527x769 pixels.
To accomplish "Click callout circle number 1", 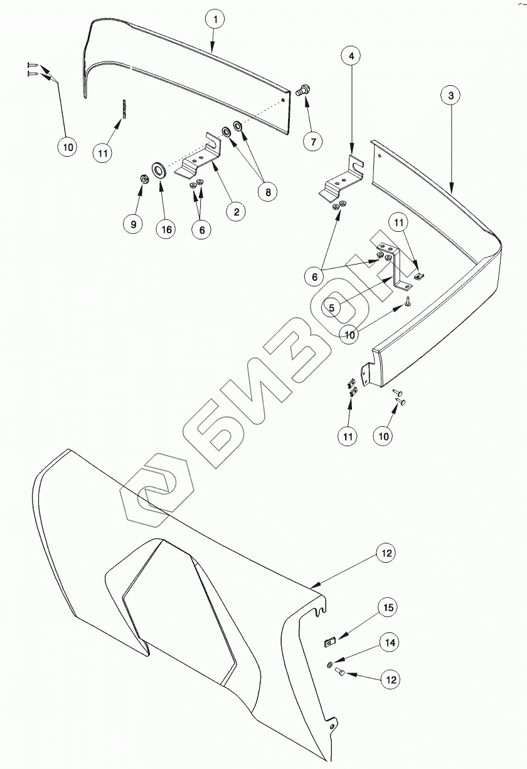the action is click(x=215, y=19).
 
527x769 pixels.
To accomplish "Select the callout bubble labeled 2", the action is click(x=236, y=211).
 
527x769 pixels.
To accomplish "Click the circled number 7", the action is click(x=312, y=140).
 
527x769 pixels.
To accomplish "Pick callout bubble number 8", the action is click(x=268, y=192).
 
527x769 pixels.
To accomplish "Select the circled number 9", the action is click(x=132, y=224).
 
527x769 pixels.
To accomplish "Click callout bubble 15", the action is click(x=388, y=607).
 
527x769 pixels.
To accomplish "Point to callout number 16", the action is click(x=166, y=229).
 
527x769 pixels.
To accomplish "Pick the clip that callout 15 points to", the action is click(x=329, y=641).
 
